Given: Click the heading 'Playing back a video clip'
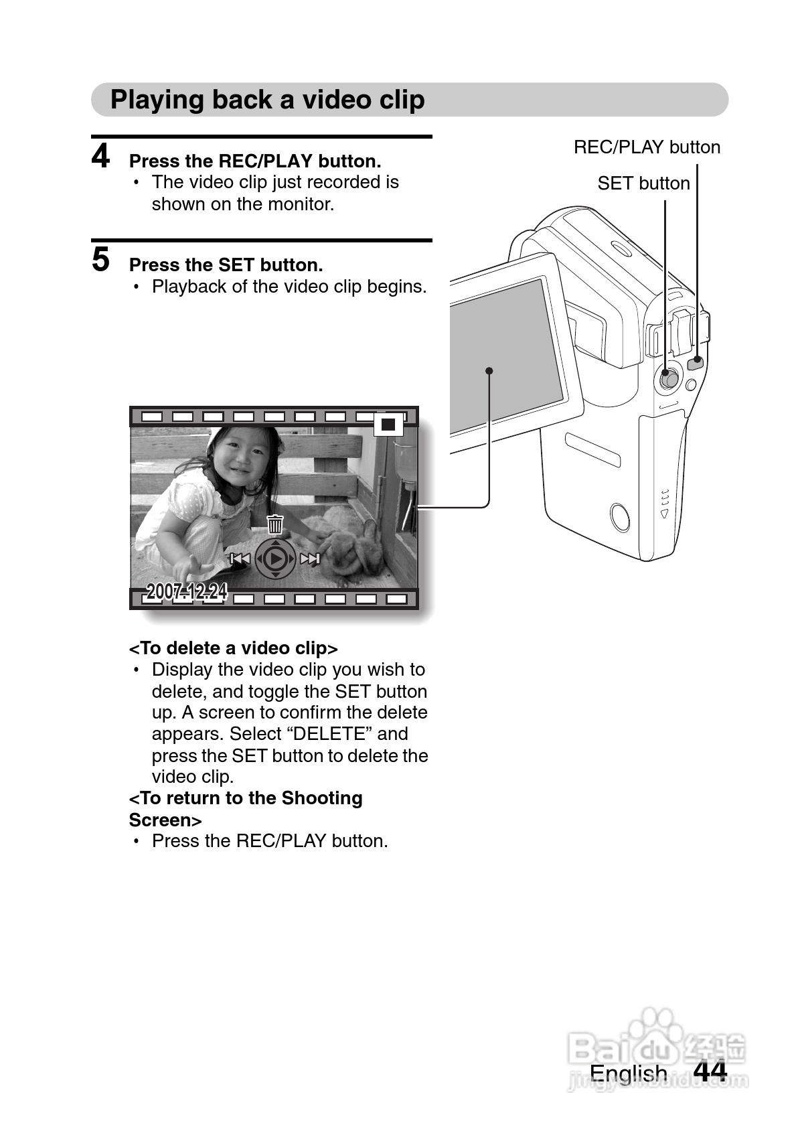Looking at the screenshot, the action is click(268, 100).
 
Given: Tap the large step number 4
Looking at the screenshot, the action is click(100, 155).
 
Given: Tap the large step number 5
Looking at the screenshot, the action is click(100, 260).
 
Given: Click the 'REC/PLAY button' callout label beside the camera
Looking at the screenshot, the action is click(647, 147).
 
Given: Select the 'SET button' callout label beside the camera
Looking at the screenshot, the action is click(643, 183).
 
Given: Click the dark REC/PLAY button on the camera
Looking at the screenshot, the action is click(696, 363).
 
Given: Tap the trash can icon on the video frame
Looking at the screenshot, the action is click(274, 524).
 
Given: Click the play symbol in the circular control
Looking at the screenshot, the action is click(274, 558).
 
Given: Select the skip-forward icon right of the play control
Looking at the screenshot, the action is click(310, 558).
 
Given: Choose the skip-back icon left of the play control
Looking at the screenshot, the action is click(240, 558).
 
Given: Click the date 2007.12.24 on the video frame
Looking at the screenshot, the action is click(187, 592).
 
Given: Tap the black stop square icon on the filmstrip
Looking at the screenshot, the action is click(388, 425).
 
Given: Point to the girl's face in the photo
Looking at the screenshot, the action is click(242, 457).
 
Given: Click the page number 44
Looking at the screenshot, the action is click(710, 1070).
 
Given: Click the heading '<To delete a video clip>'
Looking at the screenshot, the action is click(234, 648).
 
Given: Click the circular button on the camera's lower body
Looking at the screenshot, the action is click(620, 517).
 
